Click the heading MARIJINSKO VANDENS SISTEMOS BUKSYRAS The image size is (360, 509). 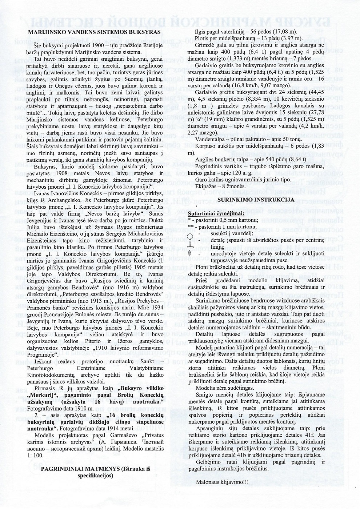click(x=93, y=32)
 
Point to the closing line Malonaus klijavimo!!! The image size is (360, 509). click(x=222, y=482)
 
